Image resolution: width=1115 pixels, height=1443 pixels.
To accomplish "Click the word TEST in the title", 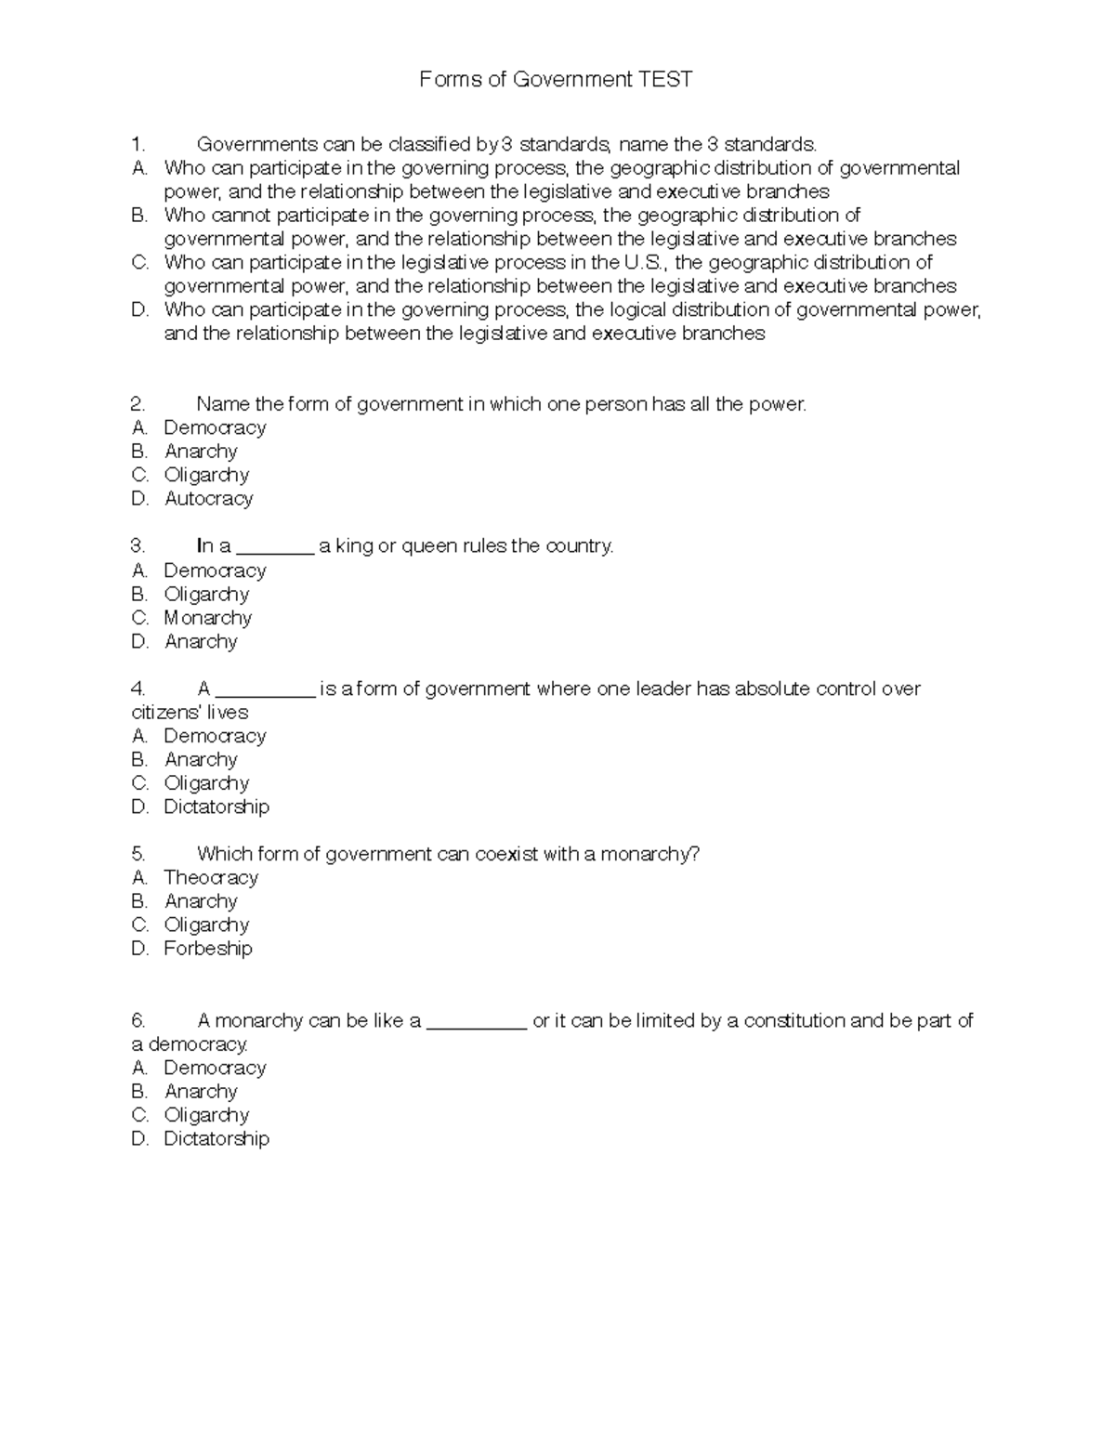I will click(x=665, y=80).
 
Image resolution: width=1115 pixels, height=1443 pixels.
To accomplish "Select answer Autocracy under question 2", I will click(x=208, y=499).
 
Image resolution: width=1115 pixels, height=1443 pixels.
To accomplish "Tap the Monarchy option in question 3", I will click(x=207, y=618).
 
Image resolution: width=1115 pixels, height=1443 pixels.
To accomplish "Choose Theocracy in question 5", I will click(x=210, y=878).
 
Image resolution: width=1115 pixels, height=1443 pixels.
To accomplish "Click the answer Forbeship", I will click(x=207, y=949).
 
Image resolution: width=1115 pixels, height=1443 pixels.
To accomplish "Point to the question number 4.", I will click(x=138, y=689).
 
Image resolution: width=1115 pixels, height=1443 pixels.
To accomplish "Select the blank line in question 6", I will click(x=476, y=1026).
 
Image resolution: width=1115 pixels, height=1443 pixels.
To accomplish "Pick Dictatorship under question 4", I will click(x=216, y=807).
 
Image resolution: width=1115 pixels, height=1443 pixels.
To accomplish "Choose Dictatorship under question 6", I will click(x=216, y=1139).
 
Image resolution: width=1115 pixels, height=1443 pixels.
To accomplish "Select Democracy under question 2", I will click(x=215, y=428).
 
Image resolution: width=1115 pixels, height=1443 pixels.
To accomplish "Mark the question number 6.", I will click(x=138, y=1021).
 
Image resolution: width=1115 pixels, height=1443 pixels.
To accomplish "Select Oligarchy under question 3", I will click(x=206, y=595).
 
